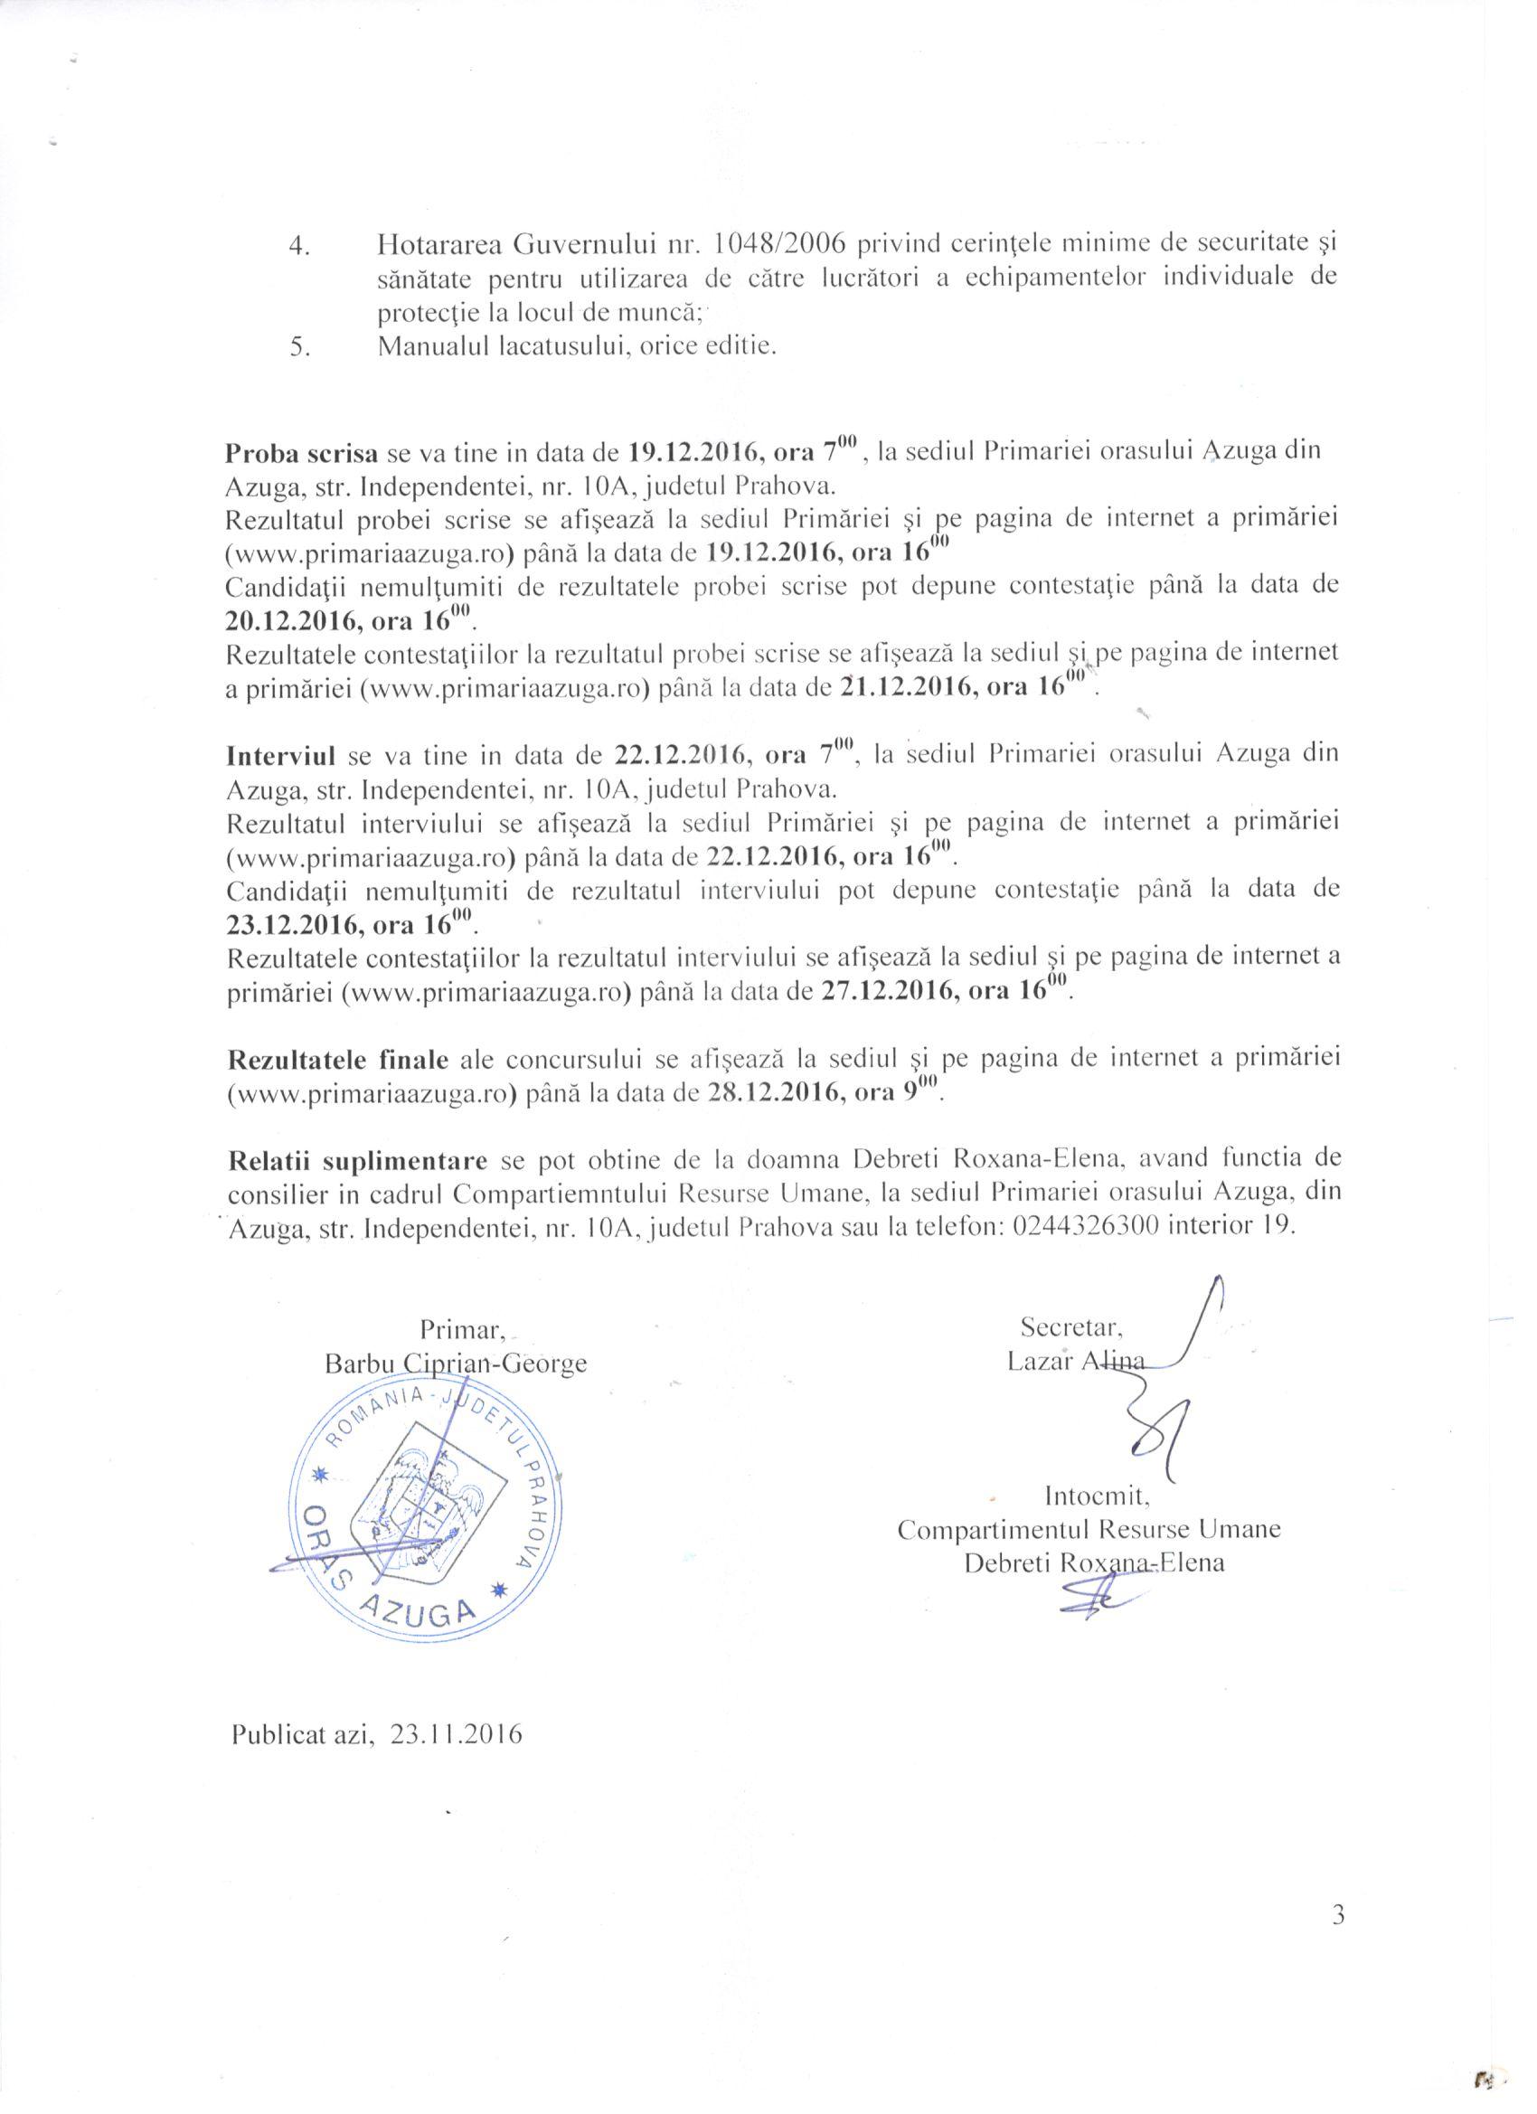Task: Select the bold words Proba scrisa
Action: [x=300, y=454]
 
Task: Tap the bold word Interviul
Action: [x=279, y=753]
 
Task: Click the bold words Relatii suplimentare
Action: [x=358, y=1159]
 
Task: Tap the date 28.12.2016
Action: [x=773, y=1093]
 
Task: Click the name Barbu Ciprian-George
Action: [x=455, y=1364]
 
